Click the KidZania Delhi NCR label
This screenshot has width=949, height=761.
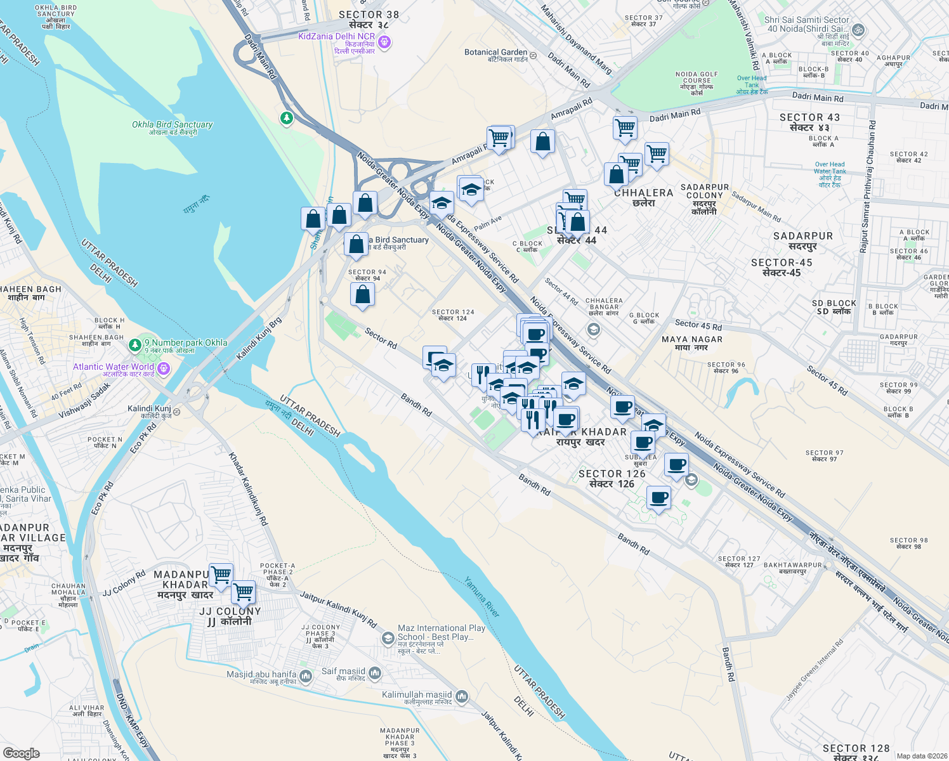pos(337,37)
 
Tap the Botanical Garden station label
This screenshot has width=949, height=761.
pos(495,53)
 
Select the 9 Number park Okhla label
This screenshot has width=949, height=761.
pos(186,343)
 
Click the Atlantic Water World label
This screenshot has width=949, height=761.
pos(114,367)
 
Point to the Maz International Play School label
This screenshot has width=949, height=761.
pos(441,632)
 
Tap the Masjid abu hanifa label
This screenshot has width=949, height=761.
pos(261,675)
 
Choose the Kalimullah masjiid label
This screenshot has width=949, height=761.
pos(417,695)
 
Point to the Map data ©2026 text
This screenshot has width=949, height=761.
pos(920,755)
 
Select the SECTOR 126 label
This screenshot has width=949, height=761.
pos(612,474)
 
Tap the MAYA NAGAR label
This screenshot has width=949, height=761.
pos(692,340)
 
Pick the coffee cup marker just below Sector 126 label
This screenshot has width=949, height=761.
pos(658,498)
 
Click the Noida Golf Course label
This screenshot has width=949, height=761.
pos(697,78)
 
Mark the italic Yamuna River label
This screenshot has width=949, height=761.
pos(482,597)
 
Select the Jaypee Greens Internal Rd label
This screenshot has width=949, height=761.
pos(815,669)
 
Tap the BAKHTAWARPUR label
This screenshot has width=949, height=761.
pos(792,565)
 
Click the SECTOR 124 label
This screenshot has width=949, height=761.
pos(452,313)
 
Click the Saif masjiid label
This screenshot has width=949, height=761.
pos(343,672)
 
